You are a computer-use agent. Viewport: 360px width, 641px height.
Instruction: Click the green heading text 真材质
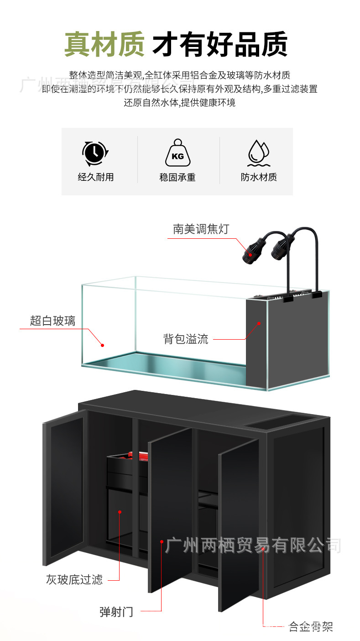click(x=104, y=44)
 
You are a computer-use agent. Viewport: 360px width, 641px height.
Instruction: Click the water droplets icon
click(x=259, y=152)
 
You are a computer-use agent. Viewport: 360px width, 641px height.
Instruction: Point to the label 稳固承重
click(x=177, y=177)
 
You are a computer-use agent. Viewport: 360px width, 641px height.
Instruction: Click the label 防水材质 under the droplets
click(x=259, y=177)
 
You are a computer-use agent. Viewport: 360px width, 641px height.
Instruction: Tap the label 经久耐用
click(x=95, y=177)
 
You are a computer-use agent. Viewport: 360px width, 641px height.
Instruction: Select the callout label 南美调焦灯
click(x=201, y=229)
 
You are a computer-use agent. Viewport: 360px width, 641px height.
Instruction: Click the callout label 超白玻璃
click(x=52, y=321)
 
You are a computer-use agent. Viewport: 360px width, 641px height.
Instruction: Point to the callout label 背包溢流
click(x=186, y=339)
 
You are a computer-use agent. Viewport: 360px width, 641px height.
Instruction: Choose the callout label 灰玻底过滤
click(x=74, y=580)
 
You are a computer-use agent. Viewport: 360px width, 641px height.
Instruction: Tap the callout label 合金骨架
click(x=311, y=626)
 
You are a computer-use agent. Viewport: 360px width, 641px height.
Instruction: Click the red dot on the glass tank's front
click(x=102, y=345)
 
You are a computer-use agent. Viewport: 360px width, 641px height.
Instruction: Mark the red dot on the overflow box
click(x=259, y=323)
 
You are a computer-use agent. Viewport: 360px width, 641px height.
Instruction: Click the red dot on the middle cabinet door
click(x=162, y=541)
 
